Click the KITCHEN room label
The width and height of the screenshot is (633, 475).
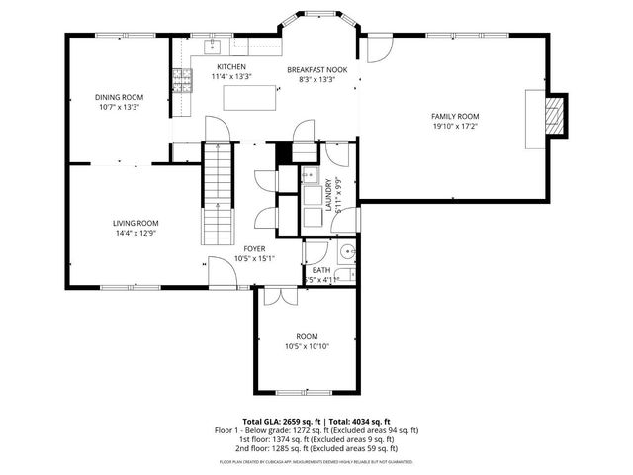231,67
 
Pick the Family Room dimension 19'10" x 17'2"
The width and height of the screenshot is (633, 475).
454,126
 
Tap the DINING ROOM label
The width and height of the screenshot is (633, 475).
119,97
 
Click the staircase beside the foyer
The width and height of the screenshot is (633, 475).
217,193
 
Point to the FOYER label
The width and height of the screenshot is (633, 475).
253,248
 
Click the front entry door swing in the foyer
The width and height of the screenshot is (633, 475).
221,268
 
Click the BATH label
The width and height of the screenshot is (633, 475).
321,270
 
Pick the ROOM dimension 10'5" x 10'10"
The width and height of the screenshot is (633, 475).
307,346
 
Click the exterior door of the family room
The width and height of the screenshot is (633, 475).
381,48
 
